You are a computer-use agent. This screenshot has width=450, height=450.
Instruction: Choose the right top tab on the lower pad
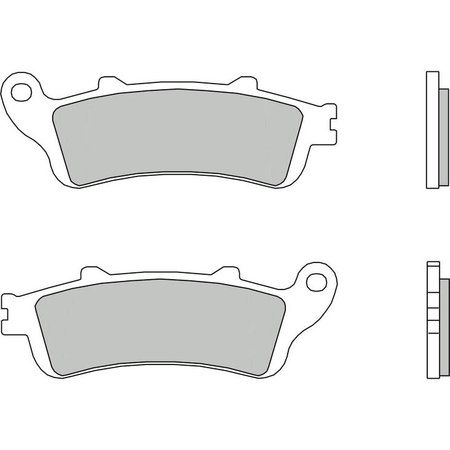[226, 271]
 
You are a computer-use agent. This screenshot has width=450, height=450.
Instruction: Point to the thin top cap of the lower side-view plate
[432, 264]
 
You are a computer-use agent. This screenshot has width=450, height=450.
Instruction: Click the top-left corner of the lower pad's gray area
[43, 298]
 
